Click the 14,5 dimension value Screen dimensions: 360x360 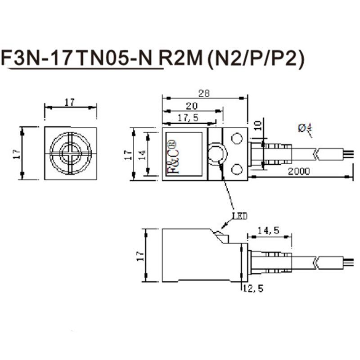269,230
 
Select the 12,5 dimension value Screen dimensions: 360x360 253,288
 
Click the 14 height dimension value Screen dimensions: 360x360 141,154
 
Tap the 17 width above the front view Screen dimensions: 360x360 69,103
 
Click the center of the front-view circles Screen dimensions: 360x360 71,153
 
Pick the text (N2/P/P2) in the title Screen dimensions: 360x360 254,58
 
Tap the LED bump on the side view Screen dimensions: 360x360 220,235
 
